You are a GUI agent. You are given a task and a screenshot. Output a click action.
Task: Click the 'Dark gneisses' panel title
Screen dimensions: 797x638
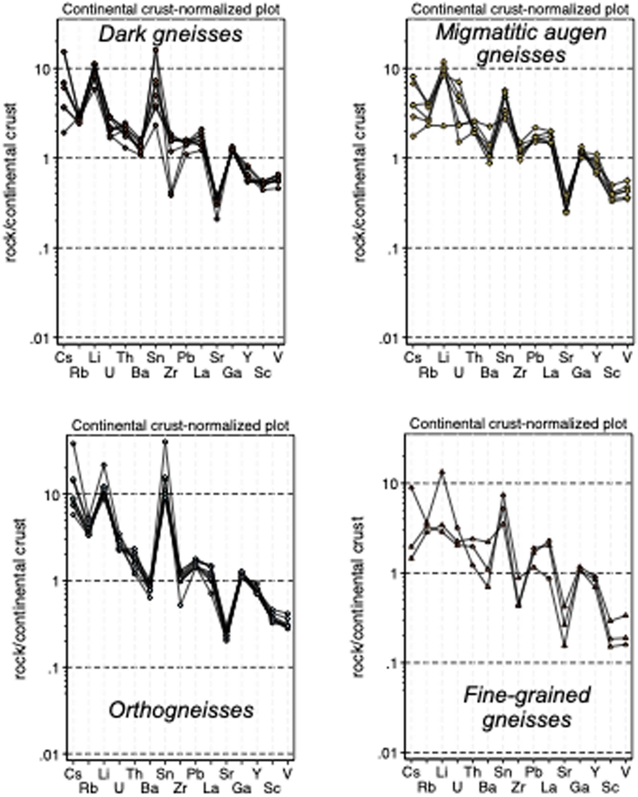pyautogui.click(x=170, y=35)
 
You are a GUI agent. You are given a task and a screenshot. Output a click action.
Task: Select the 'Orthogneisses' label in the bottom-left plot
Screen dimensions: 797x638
pyautogui.click(x=181, y=710)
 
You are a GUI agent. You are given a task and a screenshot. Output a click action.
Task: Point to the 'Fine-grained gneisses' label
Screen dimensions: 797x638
pyautogui.click(x=527, y=708)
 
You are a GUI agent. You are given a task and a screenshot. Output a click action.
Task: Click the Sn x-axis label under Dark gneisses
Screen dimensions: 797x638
pyautogui.click(x=156, y=357)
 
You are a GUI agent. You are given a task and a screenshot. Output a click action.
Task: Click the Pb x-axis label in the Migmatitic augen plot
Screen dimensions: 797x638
pyautogui.click(x=535, y=357)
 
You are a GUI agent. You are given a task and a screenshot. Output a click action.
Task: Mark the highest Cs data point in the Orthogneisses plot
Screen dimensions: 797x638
pyautogui.click(x=73, y=443)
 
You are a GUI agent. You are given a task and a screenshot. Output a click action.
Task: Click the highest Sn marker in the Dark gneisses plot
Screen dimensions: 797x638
pyautogui.click(x=156, y=50)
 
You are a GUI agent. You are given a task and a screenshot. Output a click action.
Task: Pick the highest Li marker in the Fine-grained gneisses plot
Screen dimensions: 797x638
pyautogui.click(x=442, y=472)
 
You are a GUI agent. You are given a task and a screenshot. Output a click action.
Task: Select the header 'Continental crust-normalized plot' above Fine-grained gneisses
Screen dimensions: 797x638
pyautogui.click(x=518, y=424)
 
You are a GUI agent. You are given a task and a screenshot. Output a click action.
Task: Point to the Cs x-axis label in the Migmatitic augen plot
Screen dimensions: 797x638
pyautogui.click(x=413, y=357)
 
